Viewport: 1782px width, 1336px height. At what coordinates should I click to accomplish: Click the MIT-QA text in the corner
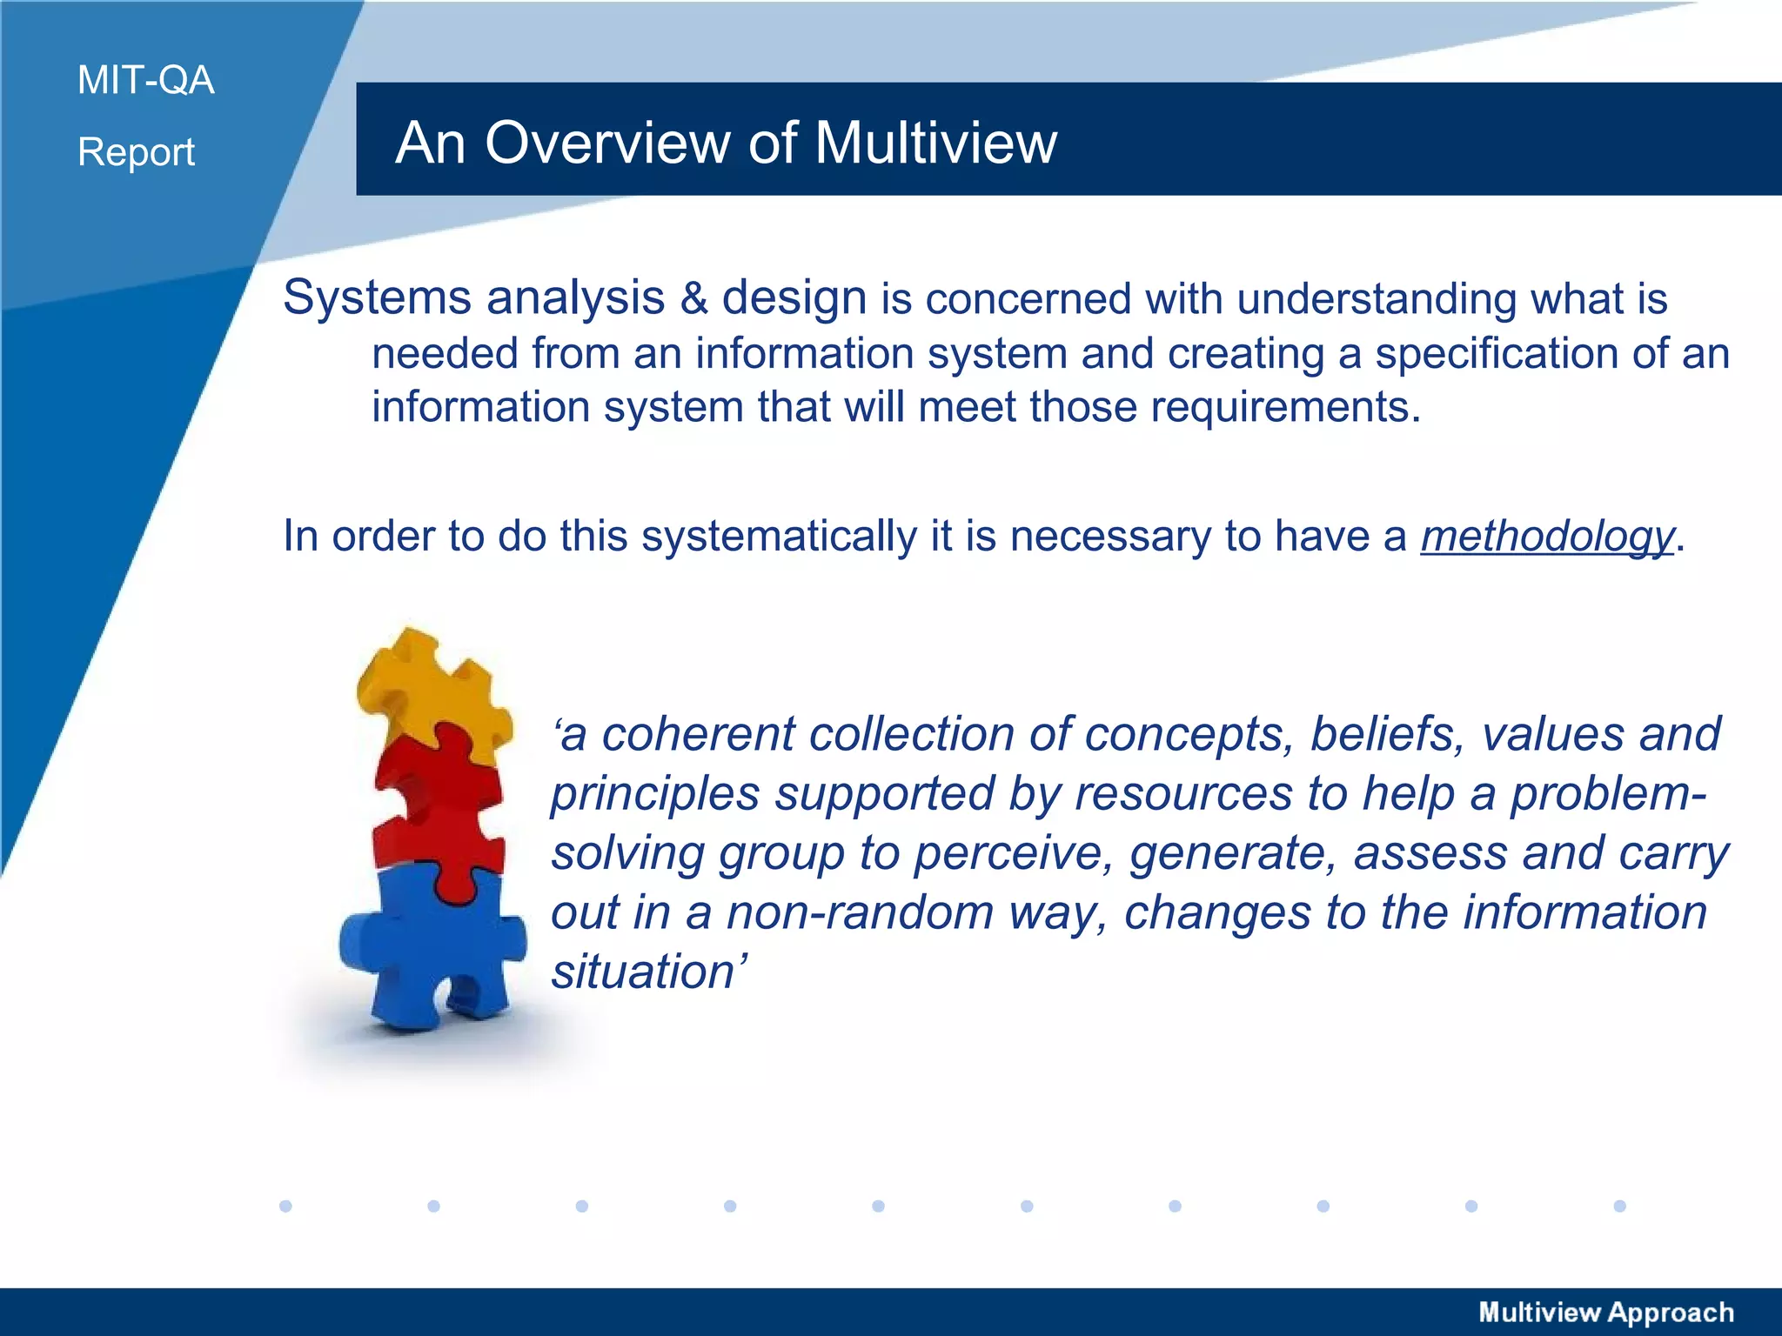pyautogui.click(x=145, y=80)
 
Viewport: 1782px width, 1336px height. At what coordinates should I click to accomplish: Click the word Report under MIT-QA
pyautogui.click(x=136, y=152)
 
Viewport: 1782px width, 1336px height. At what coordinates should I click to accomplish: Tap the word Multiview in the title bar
pyautogui.click(x=935, y=143)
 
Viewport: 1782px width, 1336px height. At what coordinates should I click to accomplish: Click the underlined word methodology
pyautogui.click(x=1547, y=536)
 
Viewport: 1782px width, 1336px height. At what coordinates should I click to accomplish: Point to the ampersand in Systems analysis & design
pyautogui.click(x=693, y=298)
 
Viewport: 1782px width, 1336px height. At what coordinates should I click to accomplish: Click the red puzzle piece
pyautogui.click(x=439, y=813)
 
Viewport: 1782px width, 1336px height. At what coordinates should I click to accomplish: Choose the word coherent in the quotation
pyautogui.click(x=699, y=734)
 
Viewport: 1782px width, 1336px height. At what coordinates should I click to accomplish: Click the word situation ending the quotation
pyautogui.click(x=644, y=972)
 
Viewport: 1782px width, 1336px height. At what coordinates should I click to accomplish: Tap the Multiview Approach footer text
pyautogui.click(x=1606, y=1312)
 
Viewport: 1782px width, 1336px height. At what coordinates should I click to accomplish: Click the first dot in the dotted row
pyautogui.click(x=285, y=1206)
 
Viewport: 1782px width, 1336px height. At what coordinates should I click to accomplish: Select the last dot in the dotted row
pyautogui.click(x=1619, y=1206)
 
